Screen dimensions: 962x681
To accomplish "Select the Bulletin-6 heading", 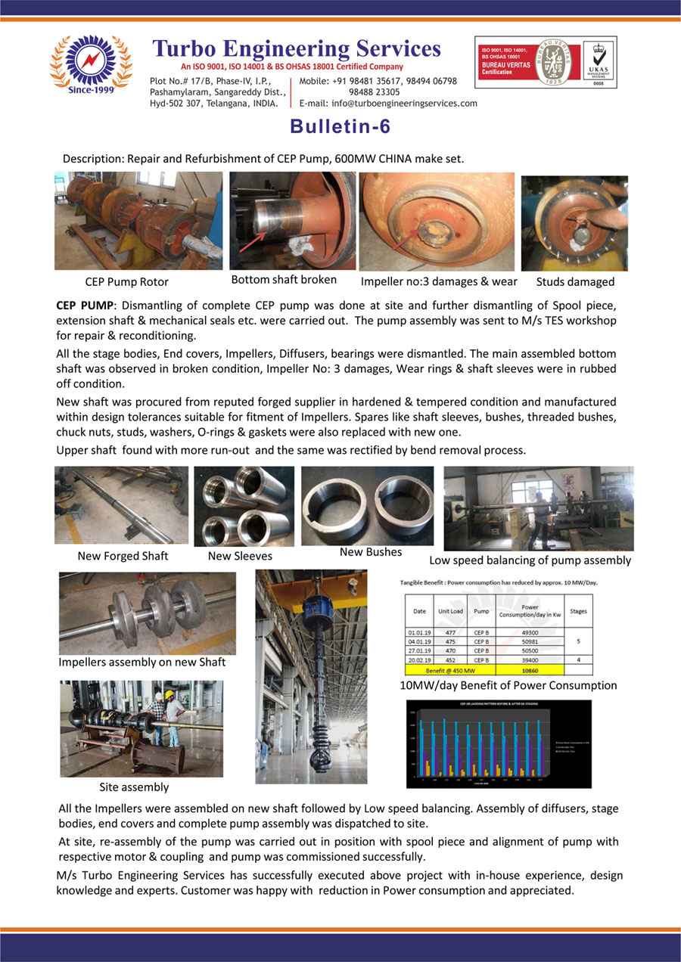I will [340, 127].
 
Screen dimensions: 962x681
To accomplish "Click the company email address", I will [388, 104].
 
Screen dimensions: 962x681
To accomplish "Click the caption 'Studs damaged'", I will [575, 282].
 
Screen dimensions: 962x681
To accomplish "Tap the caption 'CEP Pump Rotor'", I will [126, 282].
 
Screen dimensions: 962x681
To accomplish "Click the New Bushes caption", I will [371, 552].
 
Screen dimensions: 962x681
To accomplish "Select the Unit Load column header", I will [450, 610].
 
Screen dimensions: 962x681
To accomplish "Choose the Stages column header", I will [577, 610].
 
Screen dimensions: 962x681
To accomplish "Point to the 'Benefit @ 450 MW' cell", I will [451, 670].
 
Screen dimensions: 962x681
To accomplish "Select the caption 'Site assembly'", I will [134, 787].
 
